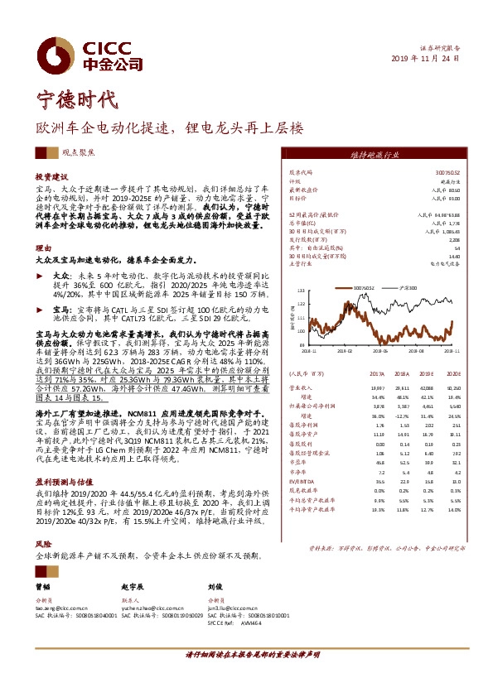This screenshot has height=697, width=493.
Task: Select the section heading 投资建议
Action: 49,177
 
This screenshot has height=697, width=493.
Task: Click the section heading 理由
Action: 41,248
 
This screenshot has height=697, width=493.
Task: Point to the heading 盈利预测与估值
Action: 61,479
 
